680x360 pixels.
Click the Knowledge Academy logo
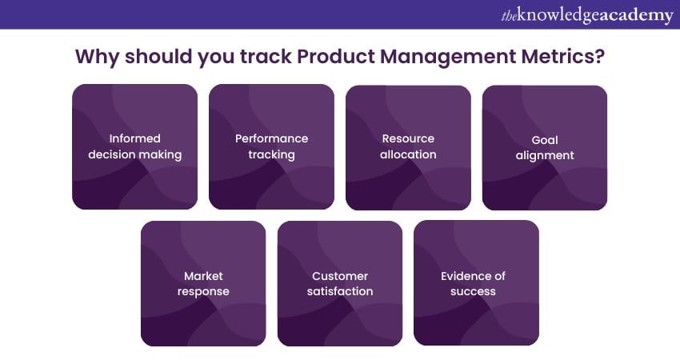[x=587, y=16]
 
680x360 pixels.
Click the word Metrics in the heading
[x=562, y=56]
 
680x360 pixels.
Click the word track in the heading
[x=266, y=56]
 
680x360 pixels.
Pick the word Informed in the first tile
[x=135, y=138]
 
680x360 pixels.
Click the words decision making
[x=135, y=155]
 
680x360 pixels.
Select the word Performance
[x=271, y=138]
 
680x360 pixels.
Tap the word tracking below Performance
[x=271, y=155]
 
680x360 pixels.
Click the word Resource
[x=408, y=138]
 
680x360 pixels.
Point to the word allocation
[x=408, y=154]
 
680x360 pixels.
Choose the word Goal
[x=545, y=140]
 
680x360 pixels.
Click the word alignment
[x=545, y=156]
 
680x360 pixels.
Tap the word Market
[x=203, y=276]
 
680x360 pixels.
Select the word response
[x=203, y=292]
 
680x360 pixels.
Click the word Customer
[x=340, y=276]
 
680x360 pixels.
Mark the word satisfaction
[x=340, y=291]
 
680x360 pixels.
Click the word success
[x=473, y=292]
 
